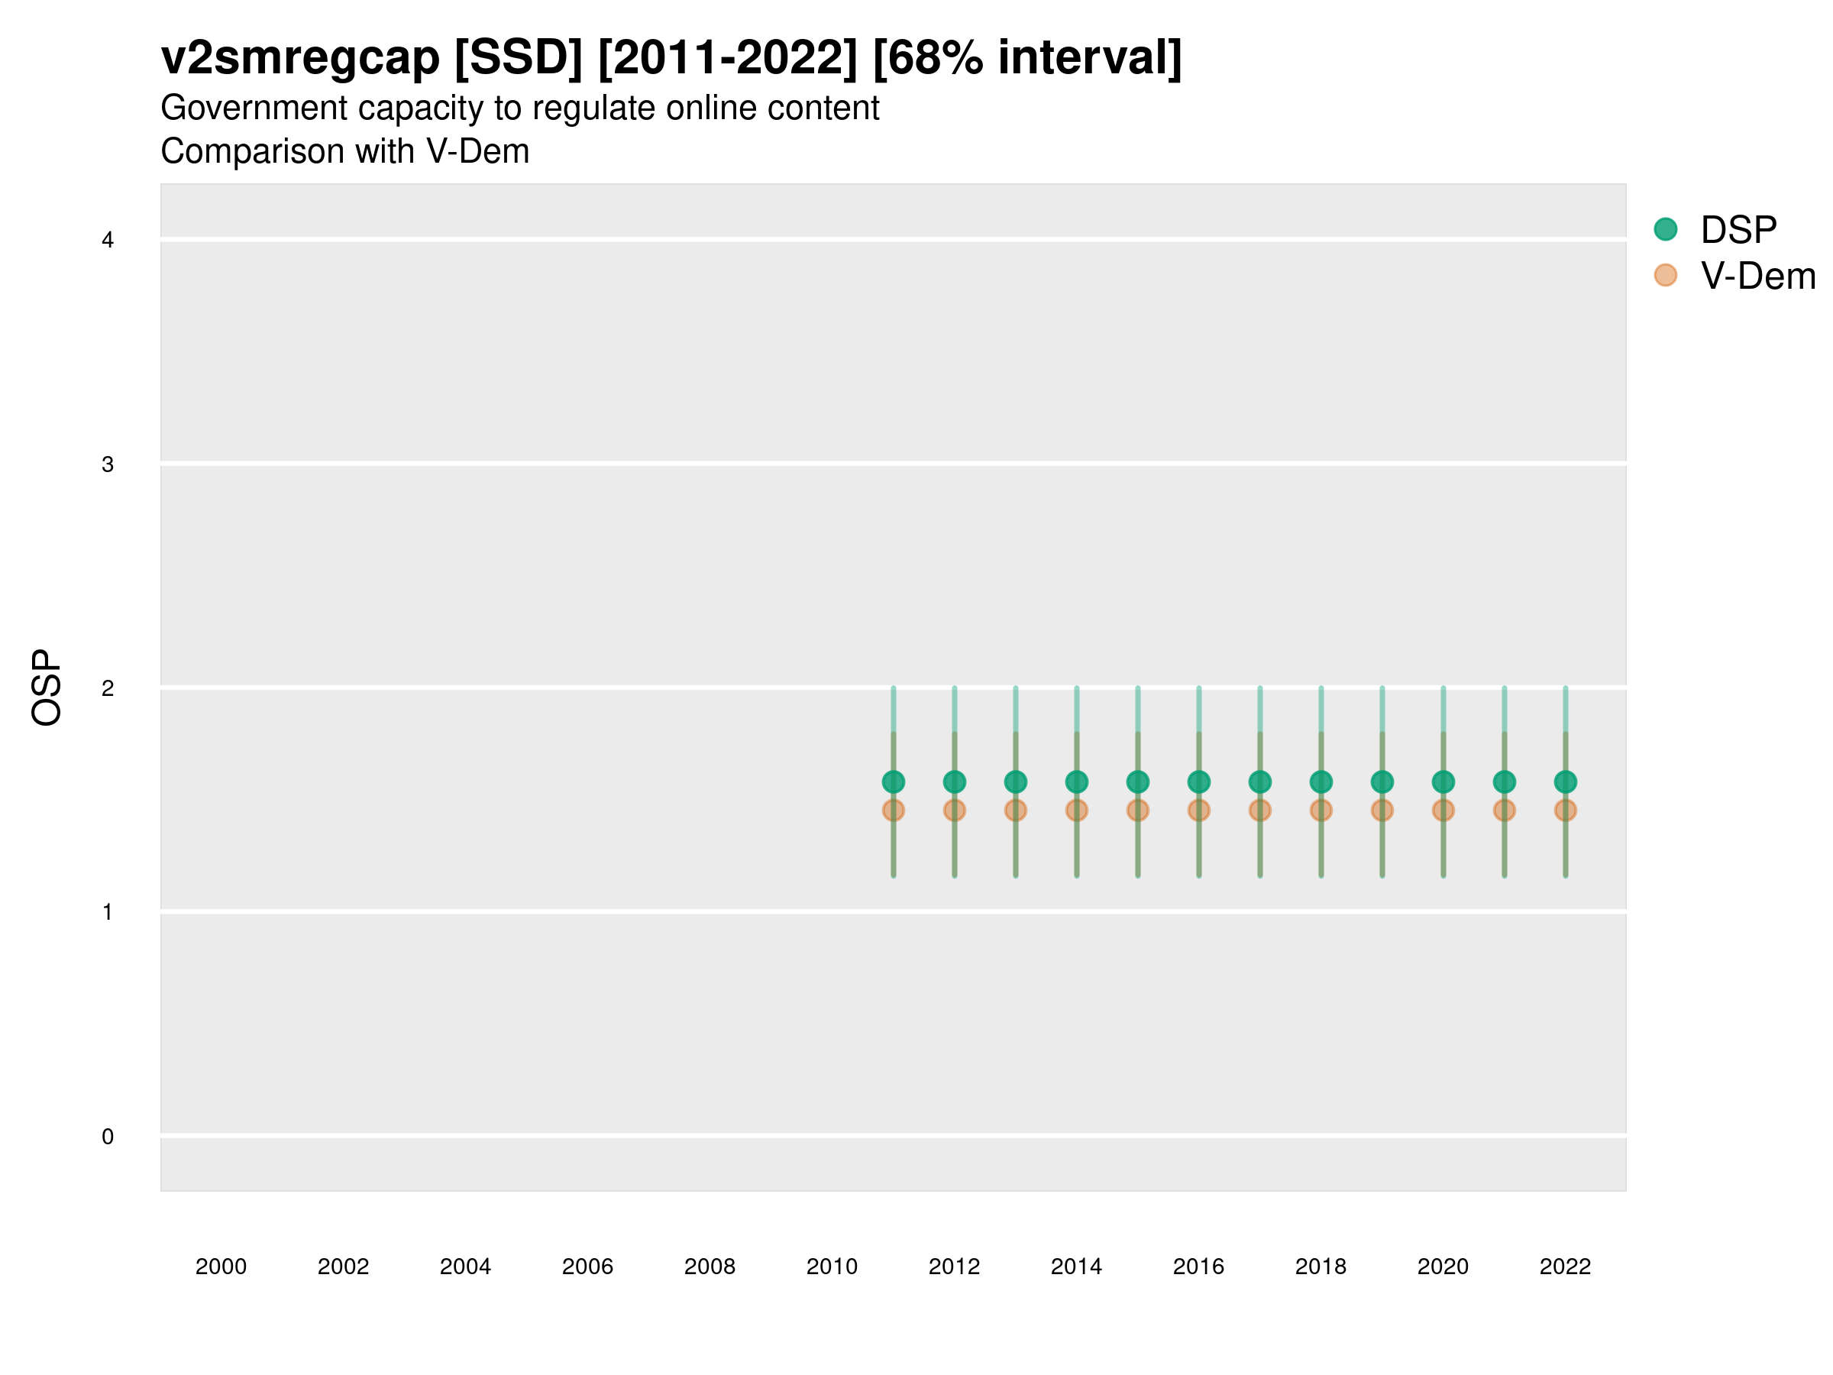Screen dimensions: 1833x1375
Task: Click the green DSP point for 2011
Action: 894,781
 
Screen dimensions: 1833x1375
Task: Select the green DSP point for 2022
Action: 1566,781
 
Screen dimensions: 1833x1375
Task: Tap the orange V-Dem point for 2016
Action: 1199,810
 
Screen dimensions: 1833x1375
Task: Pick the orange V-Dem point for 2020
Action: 1443,810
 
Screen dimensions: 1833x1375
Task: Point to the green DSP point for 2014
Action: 1076,781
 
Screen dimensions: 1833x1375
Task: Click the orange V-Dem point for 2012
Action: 955,810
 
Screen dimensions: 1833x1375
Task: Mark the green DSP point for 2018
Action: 1321,781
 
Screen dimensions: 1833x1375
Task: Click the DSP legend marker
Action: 1666,228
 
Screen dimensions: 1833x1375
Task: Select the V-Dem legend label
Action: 1758,276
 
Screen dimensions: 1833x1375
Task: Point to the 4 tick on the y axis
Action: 108,241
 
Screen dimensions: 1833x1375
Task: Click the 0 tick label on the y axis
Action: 108,1137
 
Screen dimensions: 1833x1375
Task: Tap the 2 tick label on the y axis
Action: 108,688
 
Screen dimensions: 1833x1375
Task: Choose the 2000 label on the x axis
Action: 221,1267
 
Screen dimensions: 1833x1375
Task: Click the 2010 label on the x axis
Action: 832,1267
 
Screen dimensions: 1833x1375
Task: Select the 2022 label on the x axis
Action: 1566,1267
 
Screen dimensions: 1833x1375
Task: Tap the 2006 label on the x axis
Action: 587,1267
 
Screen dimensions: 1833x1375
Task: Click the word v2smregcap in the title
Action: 300,58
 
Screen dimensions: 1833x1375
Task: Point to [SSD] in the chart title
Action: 519,58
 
